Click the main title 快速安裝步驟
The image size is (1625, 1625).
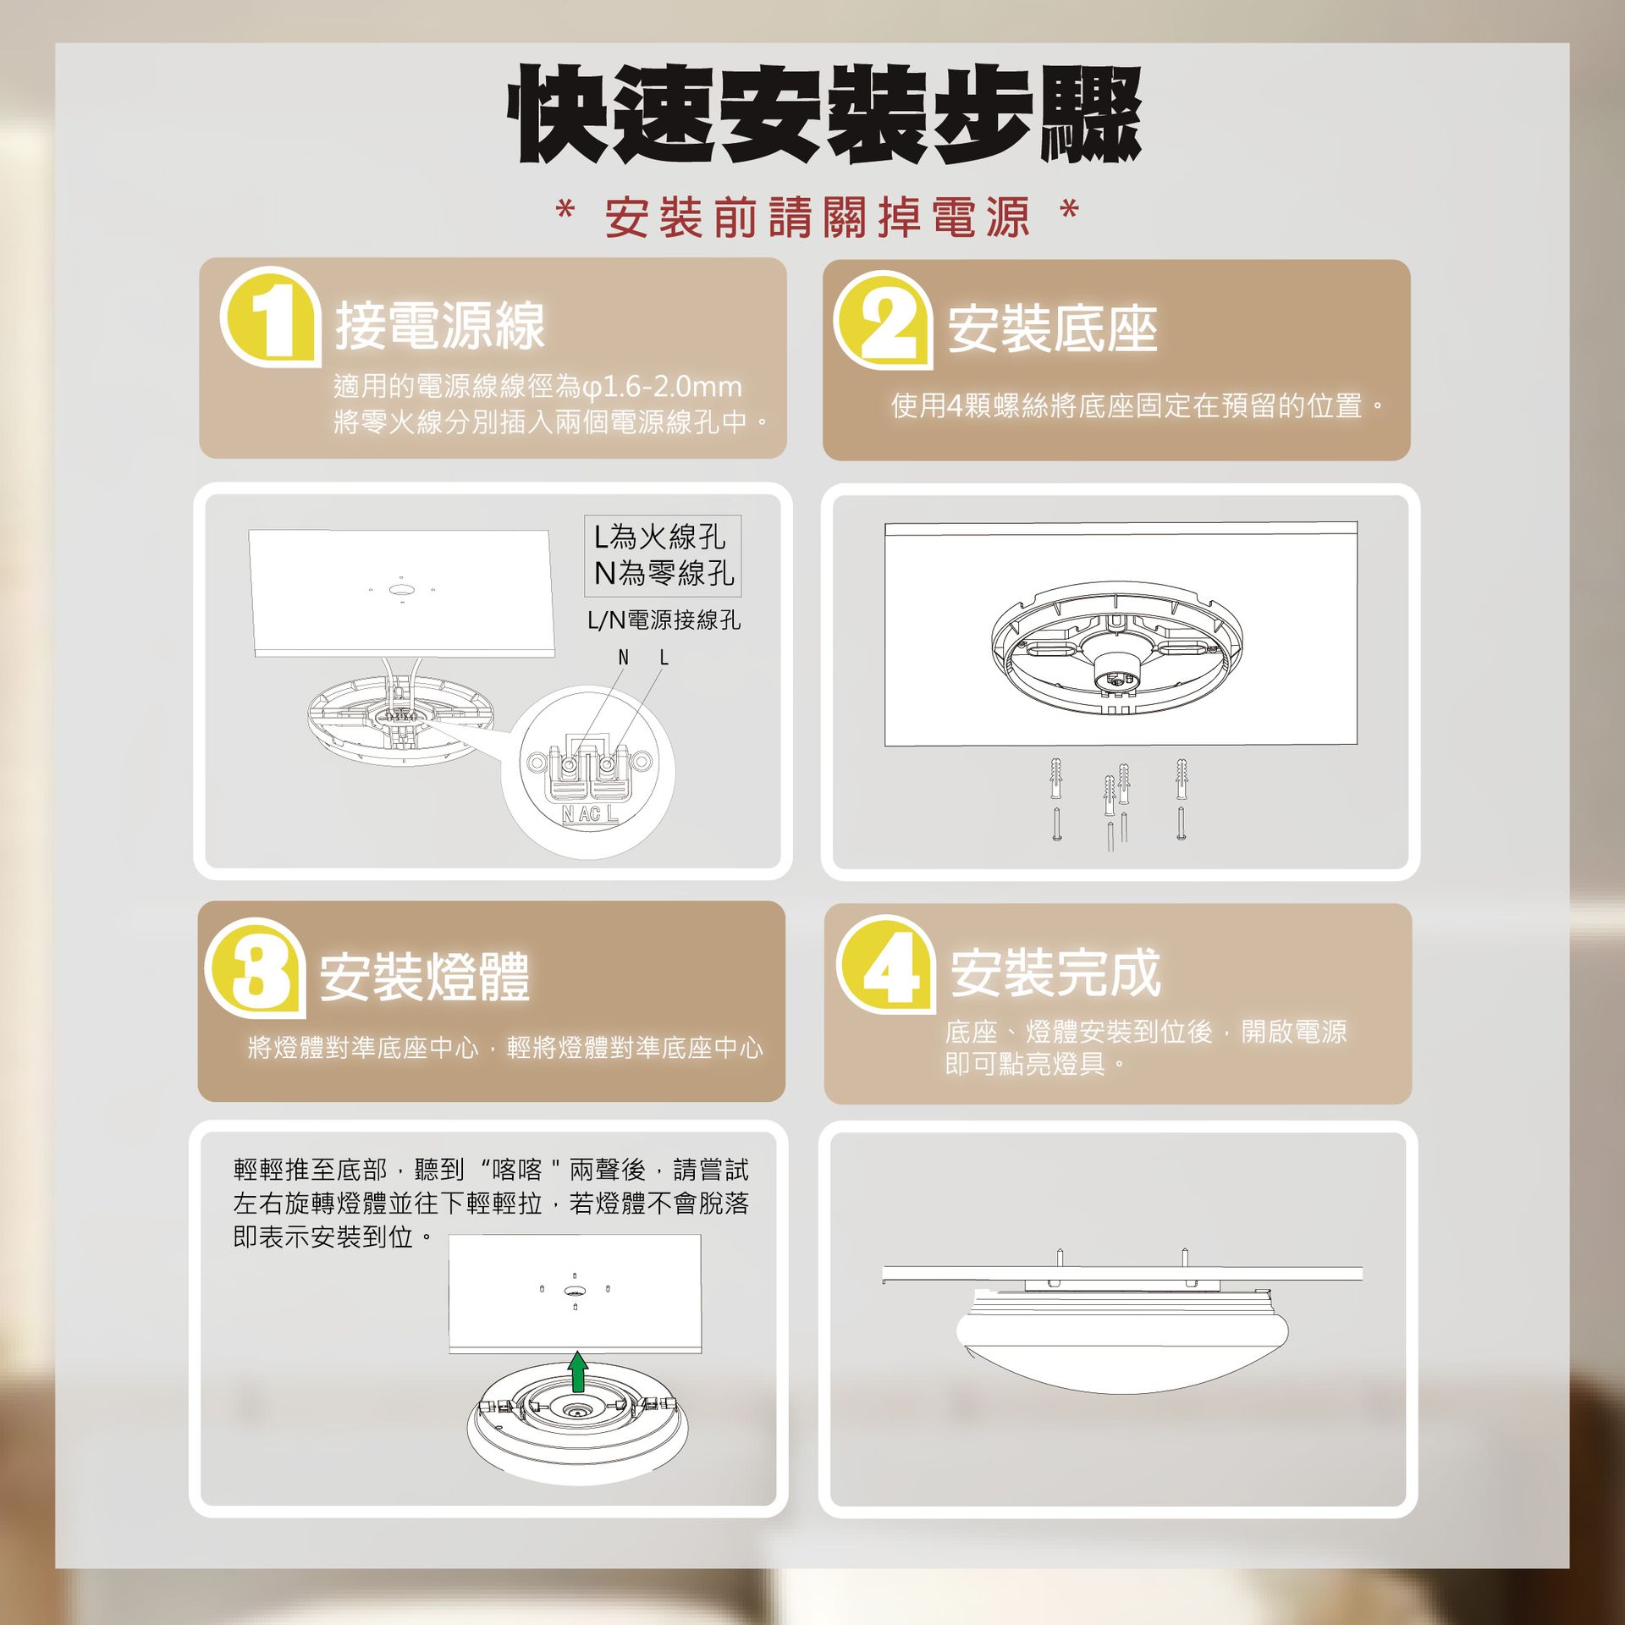click(x=825, y=114)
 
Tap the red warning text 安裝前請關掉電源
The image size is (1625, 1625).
click(x=818, y=218)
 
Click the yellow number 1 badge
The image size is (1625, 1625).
click(x=271, y=317)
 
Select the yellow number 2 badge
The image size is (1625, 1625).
click(x=884, y=320)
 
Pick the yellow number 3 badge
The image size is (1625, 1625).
click(x=256, y=968)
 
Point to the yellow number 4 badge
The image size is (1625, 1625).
click(x=886, y=966)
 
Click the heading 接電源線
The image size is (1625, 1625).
click(x=440, y=326)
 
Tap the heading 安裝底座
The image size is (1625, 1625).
click(x=1052, y=329)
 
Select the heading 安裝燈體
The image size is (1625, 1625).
click(x=424, y=977)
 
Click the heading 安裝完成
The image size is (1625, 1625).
click(x=1055, y=973)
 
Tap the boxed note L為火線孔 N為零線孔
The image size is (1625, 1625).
click(x=663, y=555)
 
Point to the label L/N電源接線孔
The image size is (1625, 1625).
click(x=664, y=620)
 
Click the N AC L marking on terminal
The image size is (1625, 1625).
click(x=590, y=814)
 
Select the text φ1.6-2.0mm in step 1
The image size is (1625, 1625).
click(x=662, y=387)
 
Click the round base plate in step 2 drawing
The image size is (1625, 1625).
click(x=1118, y=647)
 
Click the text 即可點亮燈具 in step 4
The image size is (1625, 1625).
click(x=1025, y=1064)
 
